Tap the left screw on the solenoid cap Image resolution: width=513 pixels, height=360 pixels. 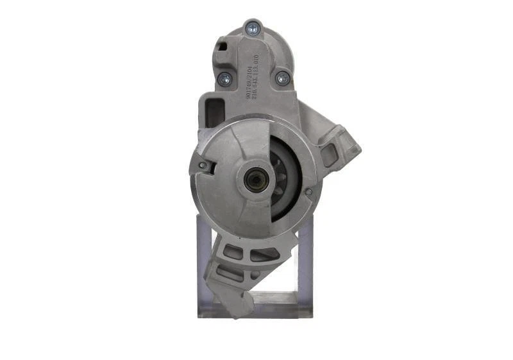[x=224, y=79]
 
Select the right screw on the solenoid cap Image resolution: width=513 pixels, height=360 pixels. [x=282, y=78]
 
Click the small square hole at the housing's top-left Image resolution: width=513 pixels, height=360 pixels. [x=223, y=46]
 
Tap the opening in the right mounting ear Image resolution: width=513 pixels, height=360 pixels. [x=330, y=154]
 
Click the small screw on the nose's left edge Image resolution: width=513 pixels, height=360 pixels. [x=203, y=165]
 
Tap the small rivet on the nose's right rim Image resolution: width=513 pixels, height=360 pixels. [x=308, y=191]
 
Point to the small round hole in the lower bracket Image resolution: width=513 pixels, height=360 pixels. [x=255, y=275]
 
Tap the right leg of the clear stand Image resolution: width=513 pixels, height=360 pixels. [x=305, y=270]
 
